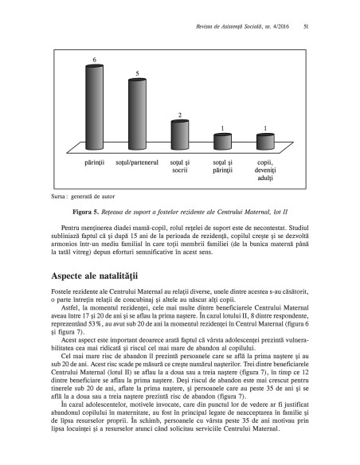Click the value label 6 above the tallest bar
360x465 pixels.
coord(96,61)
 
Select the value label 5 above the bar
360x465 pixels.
coord(138,74)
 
